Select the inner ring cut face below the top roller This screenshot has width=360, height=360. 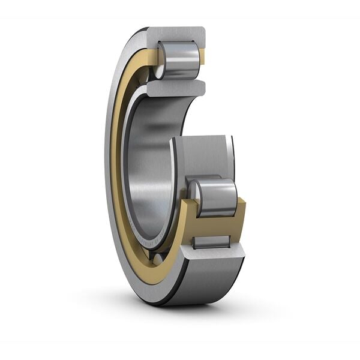point(174,88)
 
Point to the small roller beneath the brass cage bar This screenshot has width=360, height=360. point(211,242)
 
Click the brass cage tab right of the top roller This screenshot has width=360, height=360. point(202,57)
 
